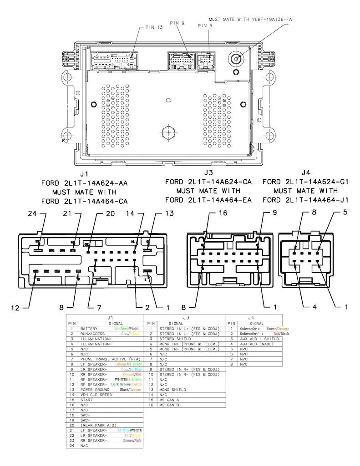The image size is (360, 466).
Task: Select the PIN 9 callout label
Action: (x=177, y=23)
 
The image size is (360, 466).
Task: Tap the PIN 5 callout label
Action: (x=205, y=26)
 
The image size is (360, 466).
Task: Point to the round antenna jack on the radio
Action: (x=236, y=59)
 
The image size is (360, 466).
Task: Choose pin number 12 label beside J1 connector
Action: (x=15, y=308)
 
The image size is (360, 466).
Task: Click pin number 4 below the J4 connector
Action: (x=314, y=307)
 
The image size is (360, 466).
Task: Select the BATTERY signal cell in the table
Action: (x=89, y=328)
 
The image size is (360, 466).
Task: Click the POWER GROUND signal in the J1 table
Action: (x=95, y=390)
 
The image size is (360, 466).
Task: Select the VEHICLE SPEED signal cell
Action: (x=96, y=395)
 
